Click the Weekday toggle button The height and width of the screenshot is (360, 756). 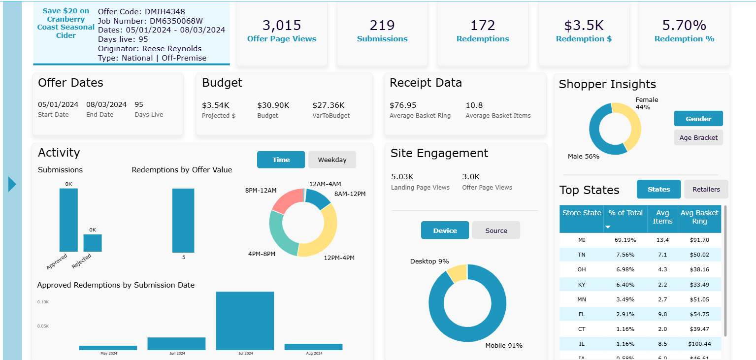(x=332, y=160)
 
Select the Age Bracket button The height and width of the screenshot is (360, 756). (x=698, y=138)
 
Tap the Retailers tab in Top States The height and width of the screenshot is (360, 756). (x=706, y=189)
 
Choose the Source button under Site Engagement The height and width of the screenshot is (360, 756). (x=496, y=230)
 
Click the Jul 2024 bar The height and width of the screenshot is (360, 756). (x=245, y=321)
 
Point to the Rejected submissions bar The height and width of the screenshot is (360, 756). (x=93, y=243)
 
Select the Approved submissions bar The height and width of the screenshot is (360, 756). (x=68, y=220)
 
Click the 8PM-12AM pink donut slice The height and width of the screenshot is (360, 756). (x=287, y=200)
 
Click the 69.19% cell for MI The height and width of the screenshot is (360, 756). (x=625, y=240)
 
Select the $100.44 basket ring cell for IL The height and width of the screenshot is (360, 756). (x=699, y=344)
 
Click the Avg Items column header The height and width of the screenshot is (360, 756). (x=662, y=217)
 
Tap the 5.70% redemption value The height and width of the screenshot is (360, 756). (x=684, y=25)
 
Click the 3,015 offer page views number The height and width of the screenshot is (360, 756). (x=282, y=25)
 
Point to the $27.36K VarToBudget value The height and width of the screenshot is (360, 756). (x=329, y=105)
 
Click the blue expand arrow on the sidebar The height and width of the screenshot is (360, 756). (x=12, y=184)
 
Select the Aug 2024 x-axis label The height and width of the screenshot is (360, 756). (x=314, y=353)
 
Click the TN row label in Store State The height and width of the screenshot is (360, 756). (x=582, y=255)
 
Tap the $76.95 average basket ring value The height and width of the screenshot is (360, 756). (x=403, y=105)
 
